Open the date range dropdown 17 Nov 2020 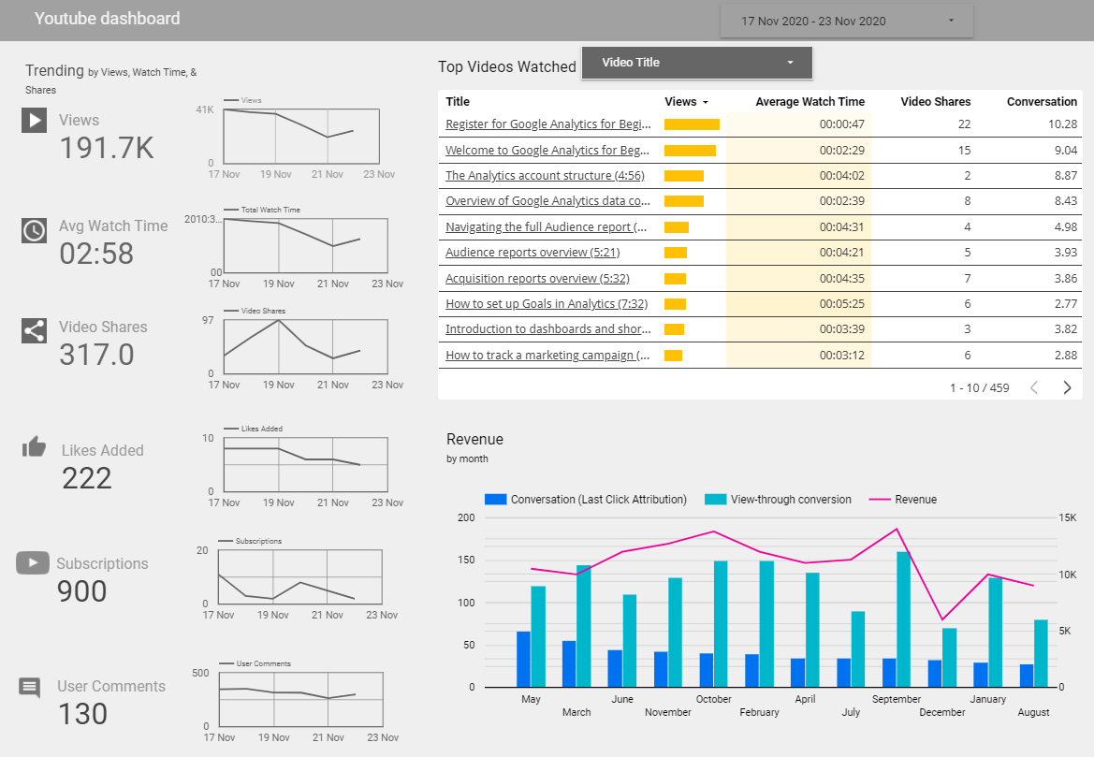click(x=846, y=21)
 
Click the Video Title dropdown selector click(x=696, y=63)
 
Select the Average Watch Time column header click(x=810, y=101)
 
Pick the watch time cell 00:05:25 click(x=841, y=303)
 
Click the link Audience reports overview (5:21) click(x=532, y=253)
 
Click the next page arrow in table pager click(x=1067, y=387)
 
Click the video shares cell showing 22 click(x=964, y=124)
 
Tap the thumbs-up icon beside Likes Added click(x=34, y=447)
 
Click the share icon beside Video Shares click(x=34, y=330)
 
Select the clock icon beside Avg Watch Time click(x=34, y=230)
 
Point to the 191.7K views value click(x=106, y=148)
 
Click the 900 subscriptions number click(x=81, y=591)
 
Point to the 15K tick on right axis click(x=1069, y=517)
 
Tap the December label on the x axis click(x=941, y=712)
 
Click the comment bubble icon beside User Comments click(x=30, y=688)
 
